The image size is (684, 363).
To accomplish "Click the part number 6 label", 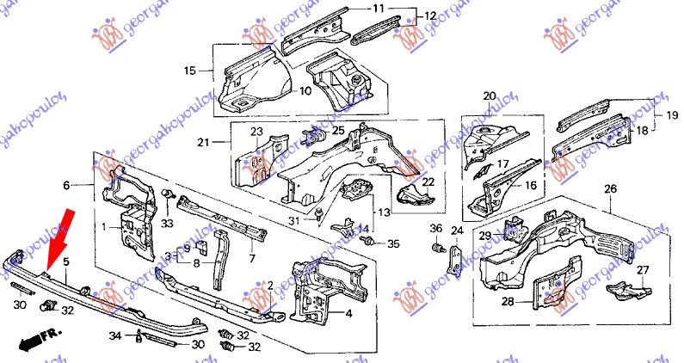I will pos(65,185).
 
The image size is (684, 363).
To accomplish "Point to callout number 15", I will pos(190,71).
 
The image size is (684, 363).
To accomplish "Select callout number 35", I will pos(393,244).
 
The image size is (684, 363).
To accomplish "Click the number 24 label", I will pos(457,230).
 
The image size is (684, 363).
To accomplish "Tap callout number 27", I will pos(641,269).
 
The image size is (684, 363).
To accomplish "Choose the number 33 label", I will pos(167,223).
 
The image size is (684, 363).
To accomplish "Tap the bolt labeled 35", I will pos(371,243).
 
